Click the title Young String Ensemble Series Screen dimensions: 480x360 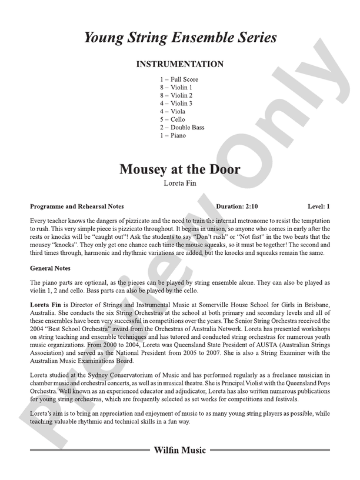point(179,38)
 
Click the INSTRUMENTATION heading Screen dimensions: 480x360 point(179,64)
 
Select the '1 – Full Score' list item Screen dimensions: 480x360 point(179,79)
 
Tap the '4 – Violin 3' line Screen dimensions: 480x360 point(176,104)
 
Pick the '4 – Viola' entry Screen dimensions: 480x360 point(172,111)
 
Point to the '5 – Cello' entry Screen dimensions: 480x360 point(172,119)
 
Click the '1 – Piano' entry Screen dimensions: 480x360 point(172,135)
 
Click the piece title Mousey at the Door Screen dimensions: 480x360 point(179,169)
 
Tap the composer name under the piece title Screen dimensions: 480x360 point(179,183)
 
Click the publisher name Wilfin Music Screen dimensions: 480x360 point(179,451)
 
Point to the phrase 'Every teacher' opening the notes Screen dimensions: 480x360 point(48,220)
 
